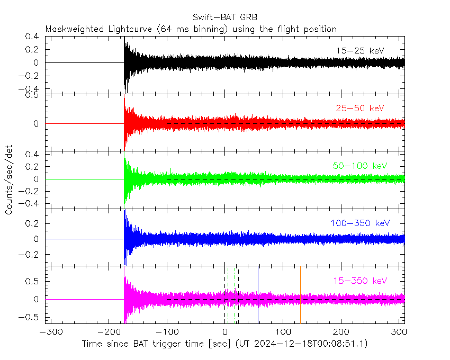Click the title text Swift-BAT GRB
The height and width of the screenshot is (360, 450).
pos(225,16)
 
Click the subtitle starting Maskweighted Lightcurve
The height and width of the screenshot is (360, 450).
pos(191,29)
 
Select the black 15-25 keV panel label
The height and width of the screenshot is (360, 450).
pos(360,50)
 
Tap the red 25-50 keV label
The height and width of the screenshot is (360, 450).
pos(360,108)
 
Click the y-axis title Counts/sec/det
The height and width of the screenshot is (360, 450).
pos(9,180)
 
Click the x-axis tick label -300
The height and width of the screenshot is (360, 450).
pos(49,332)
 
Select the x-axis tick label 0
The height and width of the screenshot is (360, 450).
pos(225,332)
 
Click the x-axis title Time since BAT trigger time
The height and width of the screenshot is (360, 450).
pos(157,344)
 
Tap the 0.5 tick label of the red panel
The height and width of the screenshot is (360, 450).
pos(32,96)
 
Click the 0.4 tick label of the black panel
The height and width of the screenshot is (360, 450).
pos(32,37)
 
